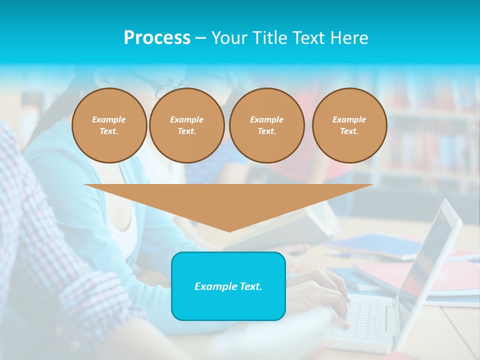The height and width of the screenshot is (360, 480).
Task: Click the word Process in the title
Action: (x=157, y=38)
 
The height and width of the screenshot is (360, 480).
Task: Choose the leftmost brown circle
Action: (x=109, y=125)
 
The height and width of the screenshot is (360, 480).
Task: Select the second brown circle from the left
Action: (x=186, y=125)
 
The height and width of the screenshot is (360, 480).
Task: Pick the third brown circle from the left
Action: (x=266, y=125)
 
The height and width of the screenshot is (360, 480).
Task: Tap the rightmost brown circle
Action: (x=349, y=125)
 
